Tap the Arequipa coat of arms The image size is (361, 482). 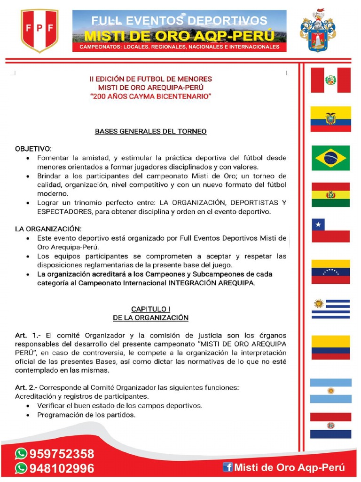tap(318, 30)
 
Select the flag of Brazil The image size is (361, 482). tap(331, 158)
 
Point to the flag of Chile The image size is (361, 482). tap(331, 231)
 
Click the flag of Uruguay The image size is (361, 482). tap(331, 309)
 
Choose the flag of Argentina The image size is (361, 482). tap(331, 391)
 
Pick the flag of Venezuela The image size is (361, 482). tap(331, 272)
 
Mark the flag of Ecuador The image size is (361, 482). tap(331, 119)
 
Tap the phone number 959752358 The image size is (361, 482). tap(62, 454)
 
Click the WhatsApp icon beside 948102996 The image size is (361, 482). tap(21, 468)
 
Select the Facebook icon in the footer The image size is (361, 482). tap(228, 467)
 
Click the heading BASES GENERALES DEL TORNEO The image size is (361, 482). tap(151, 131)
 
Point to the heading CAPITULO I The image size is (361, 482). tap(150, 309)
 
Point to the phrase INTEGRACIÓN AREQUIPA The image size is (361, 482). tap(212, 283)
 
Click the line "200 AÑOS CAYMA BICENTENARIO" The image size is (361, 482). tap(151, 96)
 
